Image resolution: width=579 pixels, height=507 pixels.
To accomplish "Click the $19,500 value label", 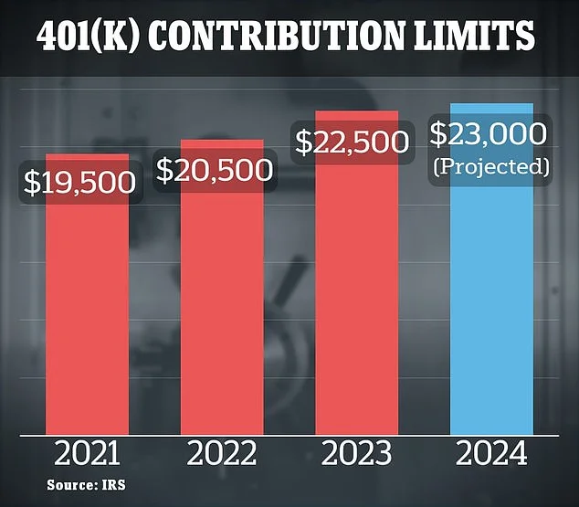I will click(x=79, y=183).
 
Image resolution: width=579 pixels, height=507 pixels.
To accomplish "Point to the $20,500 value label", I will click(x=215, y=170).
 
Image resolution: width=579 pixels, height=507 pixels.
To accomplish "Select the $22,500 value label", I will click(x=350, y=142).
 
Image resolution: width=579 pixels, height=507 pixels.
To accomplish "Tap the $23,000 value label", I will click(x=490, y=134).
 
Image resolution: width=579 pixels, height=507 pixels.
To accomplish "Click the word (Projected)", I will click(x=491, y=166).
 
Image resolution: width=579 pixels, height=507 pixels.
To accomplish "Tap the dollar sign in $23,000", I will click(x=438, y=134).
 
